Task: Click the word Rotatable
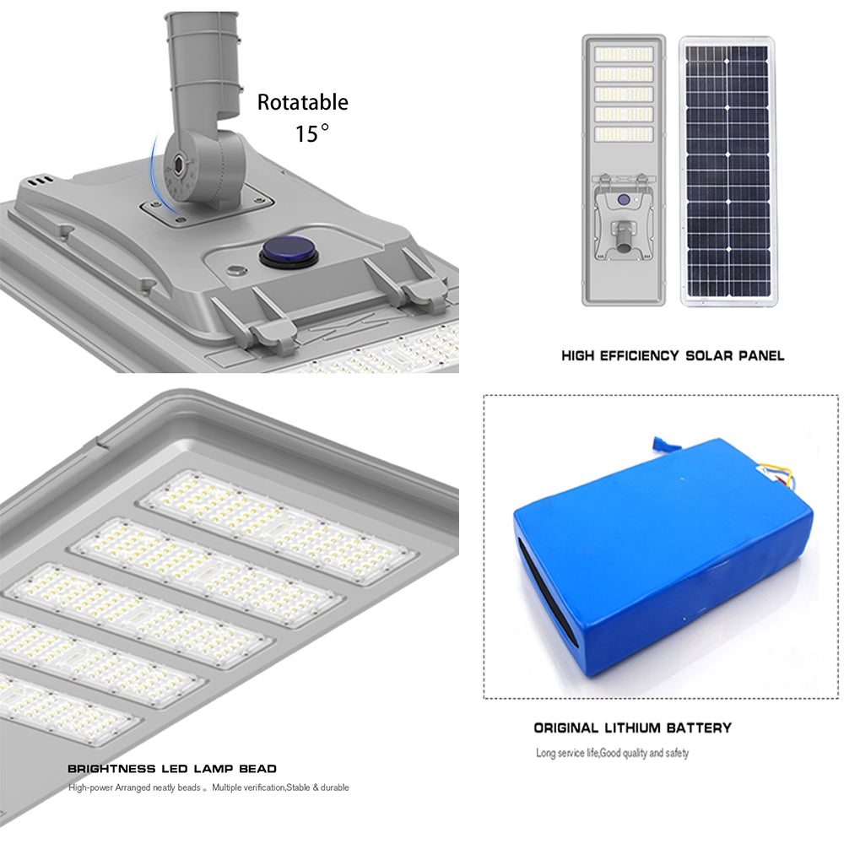click(302, 102)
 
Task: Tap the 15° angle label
click(312, 133)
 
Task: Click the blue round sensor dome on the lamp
click(289, 252)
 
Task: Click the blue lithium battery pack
click(663, 556)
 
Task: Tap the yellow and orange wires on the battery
click(782, 478)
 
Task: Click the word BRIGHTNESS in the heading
click(112, 769)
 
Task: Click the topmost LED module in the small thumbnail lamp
click(624, 54)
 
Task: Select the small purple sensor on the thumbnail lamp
click(624, 200)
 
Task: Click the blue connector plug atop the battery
click(664, 444)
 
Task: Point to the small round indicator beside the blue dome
click(235, 270)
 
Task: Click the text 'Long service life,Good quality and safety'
click(612, 753)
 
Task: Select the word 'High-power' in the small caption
click(90, 788)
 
